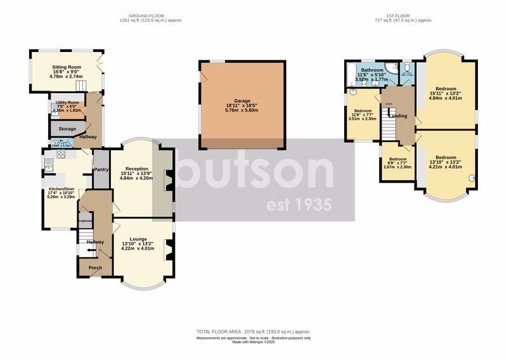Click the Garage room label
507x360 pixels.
click(242, 100)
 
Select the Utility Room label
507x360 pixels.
click(67, 102)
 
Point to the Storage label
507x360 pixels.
click(67, 129)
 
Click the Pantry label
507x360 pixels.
click(101, 169)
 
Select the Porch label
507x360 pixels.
click(95, 267)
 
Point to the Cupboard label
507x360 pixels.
click(86, 221)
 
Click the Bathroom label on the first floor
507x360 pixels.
click(372, 70)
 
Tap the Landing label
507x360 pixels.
click(398, 116)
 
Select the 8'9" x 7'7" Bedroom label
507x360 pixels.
click(397, 158)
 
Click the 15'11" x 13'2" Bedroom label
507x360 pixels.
click(446, 89)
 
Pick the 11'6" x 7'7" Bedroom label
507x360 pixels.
click(363, 110)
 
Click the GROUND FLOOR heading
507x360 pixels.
click(146, 15)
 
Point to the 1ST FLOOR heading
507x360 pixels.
click(404, 15)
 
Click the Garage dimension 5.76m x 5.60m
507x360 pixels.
click(242, 110)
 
